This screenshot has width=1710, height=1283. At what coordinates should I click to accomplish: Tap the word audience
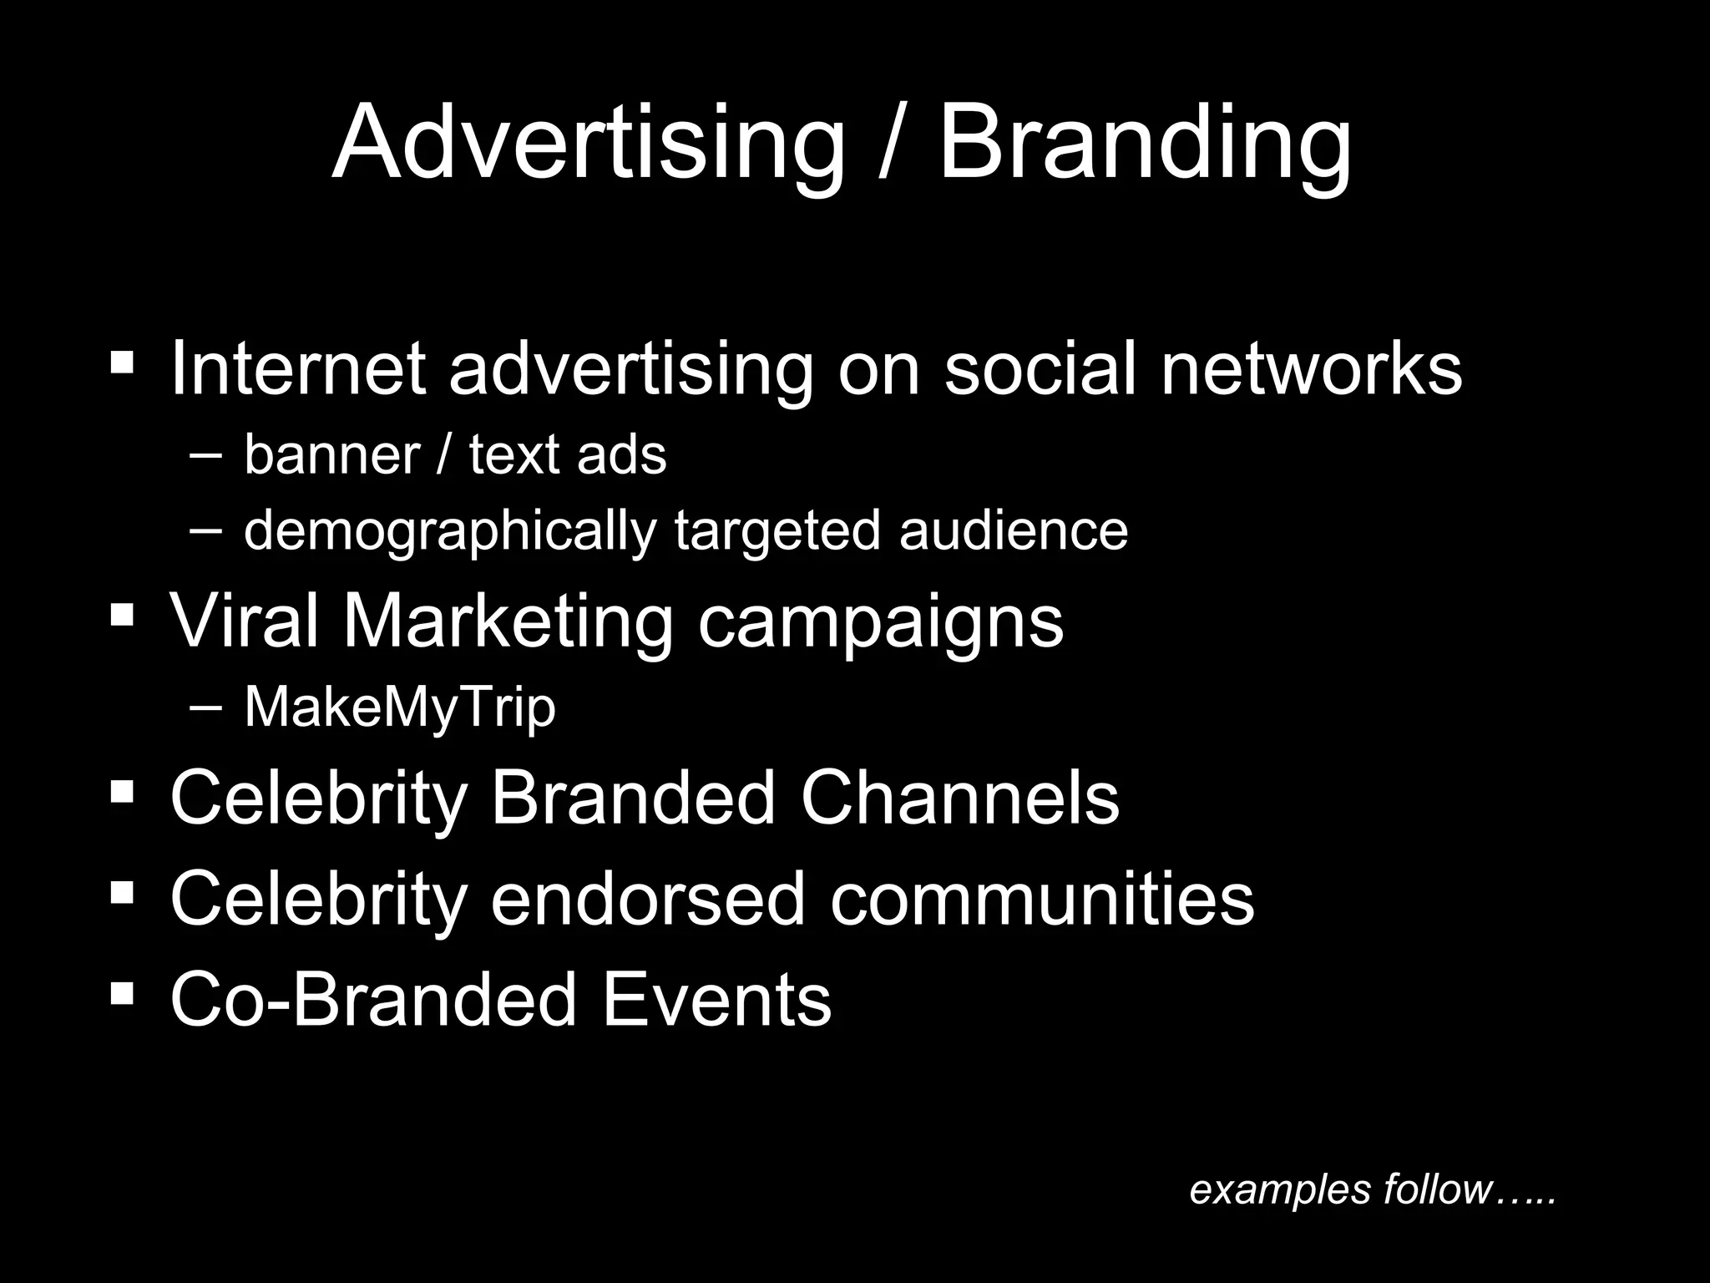tap(1013, 530)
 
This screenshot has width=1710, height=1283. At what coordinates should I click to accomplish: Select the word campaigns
tap(881, 622)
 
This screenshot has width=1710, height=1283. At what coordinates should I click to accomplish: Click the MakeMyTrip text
tap(399, 708)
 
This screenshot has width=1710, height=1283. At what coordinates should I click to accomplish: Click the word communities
tap(1041, 899)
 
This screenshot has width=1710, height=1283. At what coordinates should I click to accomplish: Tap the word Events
tap(716, 1000)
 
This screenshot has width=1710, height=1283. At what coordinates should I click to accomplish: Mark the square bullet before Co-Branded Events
tap(122, 992)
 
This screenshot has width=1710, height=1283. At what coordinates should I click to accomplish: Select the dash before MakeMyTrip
tap(206, 707)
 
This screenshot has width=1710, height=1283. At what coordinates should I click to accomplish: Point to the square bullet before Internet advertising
tap(122, 363)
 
